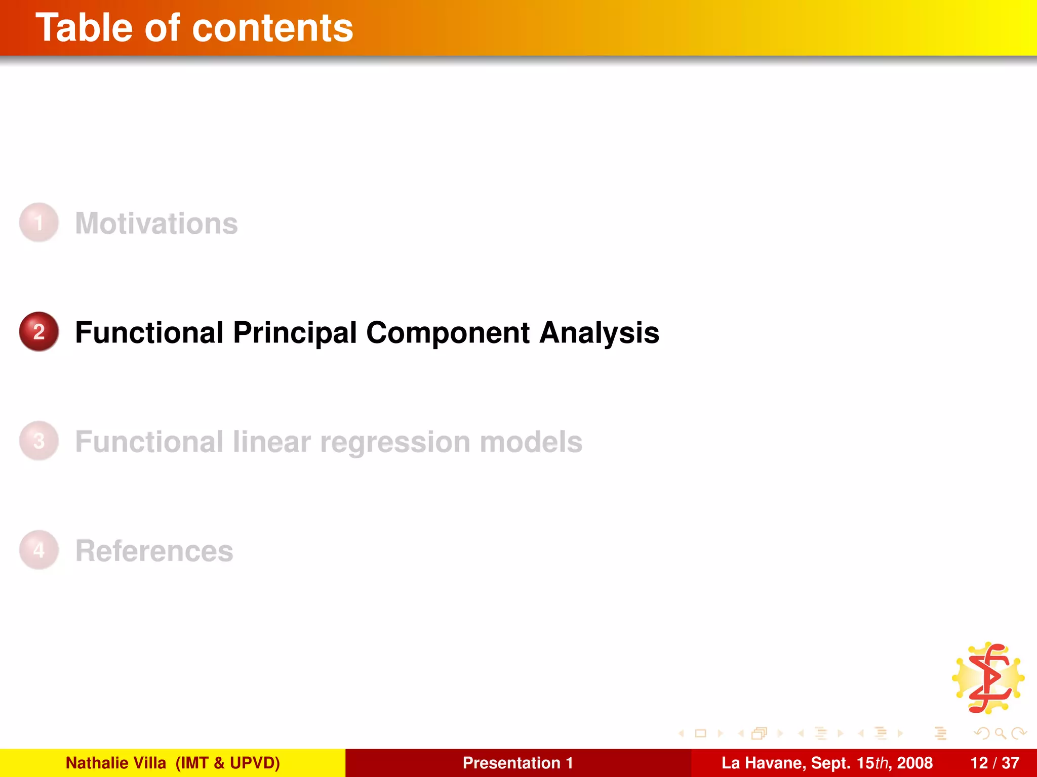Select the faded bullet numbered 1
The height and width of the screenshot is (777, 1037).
(39, 223)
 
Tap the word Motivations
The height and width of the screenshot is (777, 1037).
(156, 223)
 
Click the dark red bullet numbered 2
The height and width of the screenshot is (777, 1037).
(39, 332)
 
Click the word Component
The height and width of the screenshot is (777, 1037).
(448, 333)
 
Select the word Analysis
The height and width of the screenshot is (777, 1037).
(600, 333)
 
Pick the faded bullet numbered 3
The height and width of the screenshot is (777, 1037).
(39, 441)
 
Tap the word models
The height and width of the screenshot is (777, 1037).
(531, 442)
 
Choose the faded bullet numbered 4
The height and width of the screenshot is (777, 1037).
(39, 550)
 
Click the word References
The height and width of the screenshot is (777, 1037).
(154, 550)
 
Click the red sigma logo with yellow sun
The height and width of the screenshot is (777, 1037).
(988, 678)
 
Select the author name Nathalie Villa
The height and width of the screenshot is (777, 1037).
(116, 763)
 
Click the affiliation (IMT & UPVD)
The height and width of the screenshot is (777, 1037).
(227, 763)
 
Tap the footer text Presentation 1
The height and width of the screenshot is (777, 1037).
(518, 763)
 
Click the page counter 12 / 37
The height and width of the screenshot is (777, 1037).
(994, 763)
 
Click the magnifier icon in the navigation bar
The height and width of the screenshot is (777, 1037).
(1000, 733)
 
